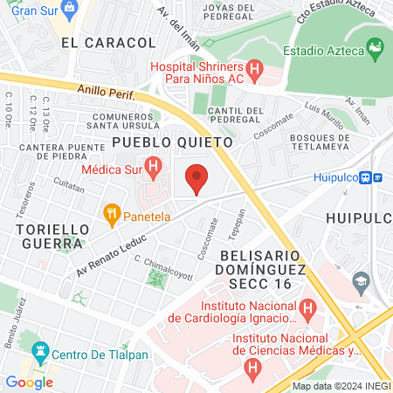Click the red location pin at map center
[x=196, y=179]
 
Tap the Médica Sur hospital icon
[x=154, y=164]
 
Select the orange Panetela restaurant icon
[x=111, y=212]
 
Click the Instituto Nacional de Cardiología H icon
[x=307, y=308]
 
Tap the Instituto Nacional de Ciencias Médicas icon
[x=252, y=368]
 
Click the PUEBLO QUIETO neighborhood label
[x=172, y=141]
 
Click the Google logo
[x=29, y=382]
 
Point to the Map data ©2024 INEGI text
[x=341, y=386]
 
